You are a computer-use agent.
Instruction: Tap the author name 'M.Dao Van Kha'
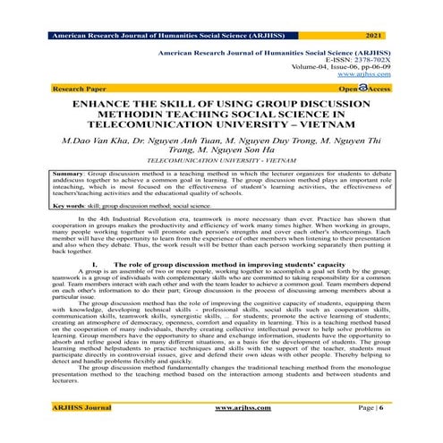95,141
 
